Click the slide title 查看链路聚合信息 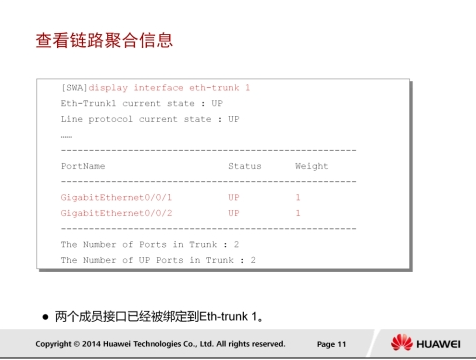pos(104,40)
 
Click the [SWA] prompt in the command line pos(74,88)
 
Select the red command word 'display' pos(108,88)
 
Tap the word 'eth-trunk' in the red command pos(214,88)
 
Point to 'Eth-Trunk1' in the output pos(88,103)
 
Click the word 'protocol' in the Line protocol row pos(111,119)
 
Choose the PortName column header pos(83,166)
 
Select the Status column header pos(245,166)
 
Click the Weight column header pos(312,166)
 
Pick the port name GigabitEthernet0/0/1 pos(116,198)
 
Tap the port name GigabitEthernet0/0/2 pos(116,213)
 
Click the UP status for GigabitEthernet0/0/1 pos(234,197)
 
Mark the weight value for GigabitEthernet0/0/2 pos(298,213)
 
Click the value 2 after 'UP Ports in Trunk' pos(253,260)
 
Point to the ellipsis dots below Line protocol pos(66,137)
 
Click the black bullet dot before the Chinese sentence pos(46,317)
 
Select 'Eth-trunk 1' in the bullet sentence pos(228,316)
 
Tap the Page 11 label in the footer pos(331,344)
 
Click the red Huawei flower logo pos(402,342)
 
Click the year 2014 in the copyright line pos(91,344)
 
